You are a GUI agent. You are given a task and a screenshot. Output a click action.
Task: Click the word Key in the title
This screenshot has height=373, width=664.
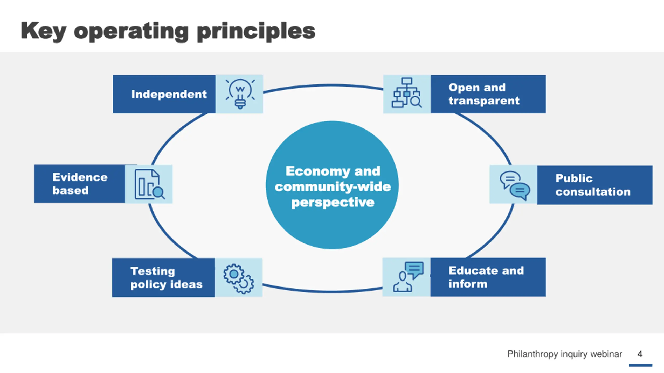43,31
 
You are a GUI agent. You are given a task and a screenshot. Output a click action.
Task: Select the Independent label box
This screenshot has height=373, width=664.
164,94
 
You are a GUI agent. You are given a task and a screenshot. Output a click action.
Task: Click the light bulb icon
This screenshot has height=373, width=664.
240,94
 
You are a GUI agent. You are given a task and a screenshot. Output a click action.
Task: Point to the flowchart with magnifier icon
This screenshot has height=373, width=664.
407,93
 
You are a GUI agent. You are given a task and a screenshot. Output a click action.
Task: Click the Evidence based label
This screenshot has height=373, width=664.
80,184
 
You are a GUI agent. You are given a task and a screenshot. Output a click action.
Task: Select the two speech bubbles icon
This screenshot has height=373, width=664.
515,185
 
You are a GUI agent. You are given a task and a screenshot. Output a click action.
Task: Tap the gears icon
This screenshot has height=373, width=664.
239,279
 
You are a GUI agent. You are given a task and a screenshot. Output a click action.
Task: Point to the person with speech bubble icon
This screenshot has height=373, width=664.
408,277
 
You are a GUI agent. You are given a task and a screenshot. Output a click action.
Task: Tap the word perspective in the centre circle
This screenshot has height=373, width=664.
333,203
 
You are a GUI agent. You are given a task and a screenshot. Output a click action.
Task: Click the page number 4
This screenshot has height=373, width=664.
640,354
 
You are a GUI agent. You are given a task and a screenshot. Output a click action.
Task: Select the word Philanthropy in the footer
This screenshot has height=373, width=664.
532,354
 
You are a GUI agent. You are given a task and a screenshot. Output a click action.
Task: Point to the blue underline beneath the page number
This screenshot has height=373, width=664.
640,365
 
